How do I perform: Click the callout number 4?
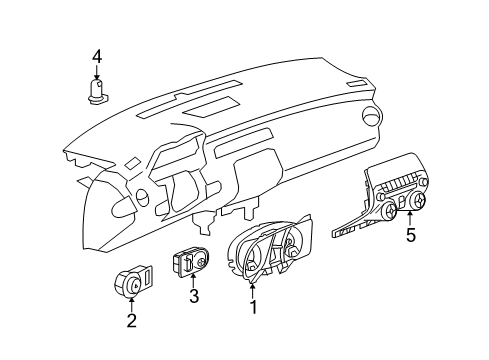click(x=97, y=56)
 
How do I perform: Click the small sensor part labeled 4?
click(x=97, y=93)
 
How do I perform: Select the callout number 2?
click(x=130, y=320)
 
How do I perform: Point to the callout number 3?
click(x=194, y=295)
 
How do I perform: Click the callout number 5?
click(x=410, y=236)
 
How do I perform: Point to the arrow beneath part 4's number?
click(x=97, y=72)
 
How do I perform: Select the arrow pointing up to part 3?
click(x=194, y=280)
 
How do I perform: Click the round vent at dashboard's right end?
click(x=375, y=114)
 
